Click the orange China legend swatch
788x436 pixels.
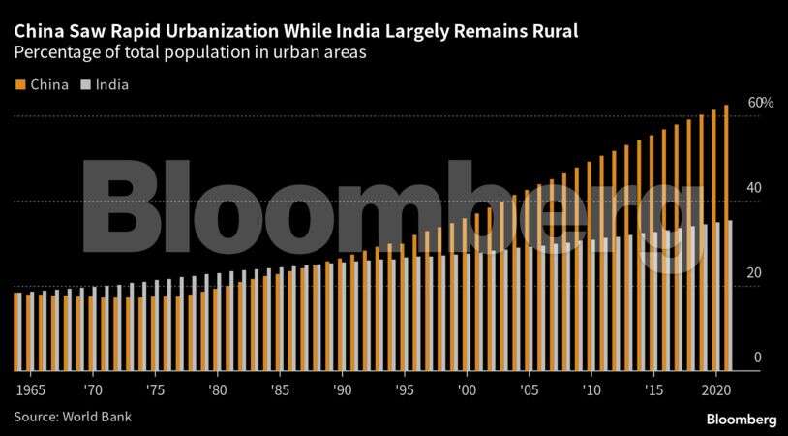[19, 84]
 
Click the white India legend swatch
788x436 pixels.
[85, 84]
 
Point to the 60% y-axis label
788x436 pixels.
[760, 103]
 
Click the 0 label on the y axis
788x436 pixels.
[758, 358]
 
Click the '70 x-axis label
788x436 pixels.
[93, 389]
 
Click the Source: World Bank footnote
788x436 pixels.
[73, 417]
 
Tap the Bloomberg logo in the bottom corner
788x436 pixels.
[741, 419]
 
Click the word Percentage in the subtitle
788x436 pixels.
[54, 54]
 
